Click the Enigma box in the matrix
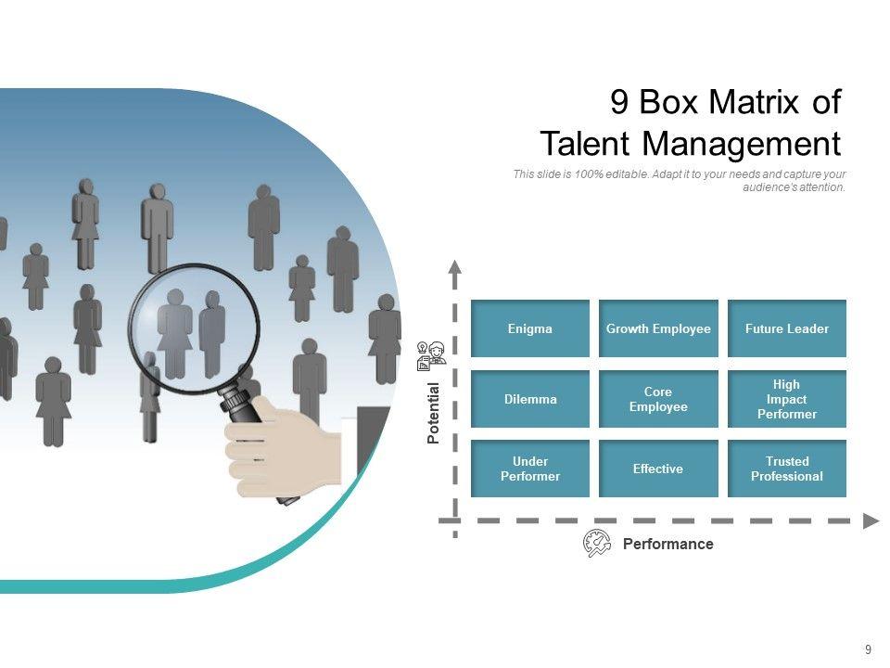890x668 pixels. point(529,328)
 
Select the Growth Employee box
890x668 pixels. point(658,328)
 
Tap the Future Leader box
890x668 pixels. point(786,328)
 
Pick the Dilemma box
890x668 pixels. point(529,399)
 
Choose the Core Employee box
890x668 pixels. point(658,399)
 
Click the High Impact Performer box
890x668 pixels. point(786,399)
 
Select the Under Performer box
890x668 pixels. point(529,469)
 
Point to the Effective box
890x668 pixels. point(658,469)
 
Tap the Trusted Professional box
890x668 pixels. point(786,469)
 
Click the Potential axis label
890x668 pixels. point(433,413)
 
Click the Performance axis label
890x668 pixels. point(667,545)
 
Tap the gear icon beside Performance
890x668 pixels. point(596,544)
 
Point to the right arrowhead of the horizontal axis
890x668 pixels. point(871,520)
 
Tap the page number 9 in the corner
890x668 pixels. point(868,649)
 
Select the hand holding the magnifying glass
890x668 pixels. point(278,445)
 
